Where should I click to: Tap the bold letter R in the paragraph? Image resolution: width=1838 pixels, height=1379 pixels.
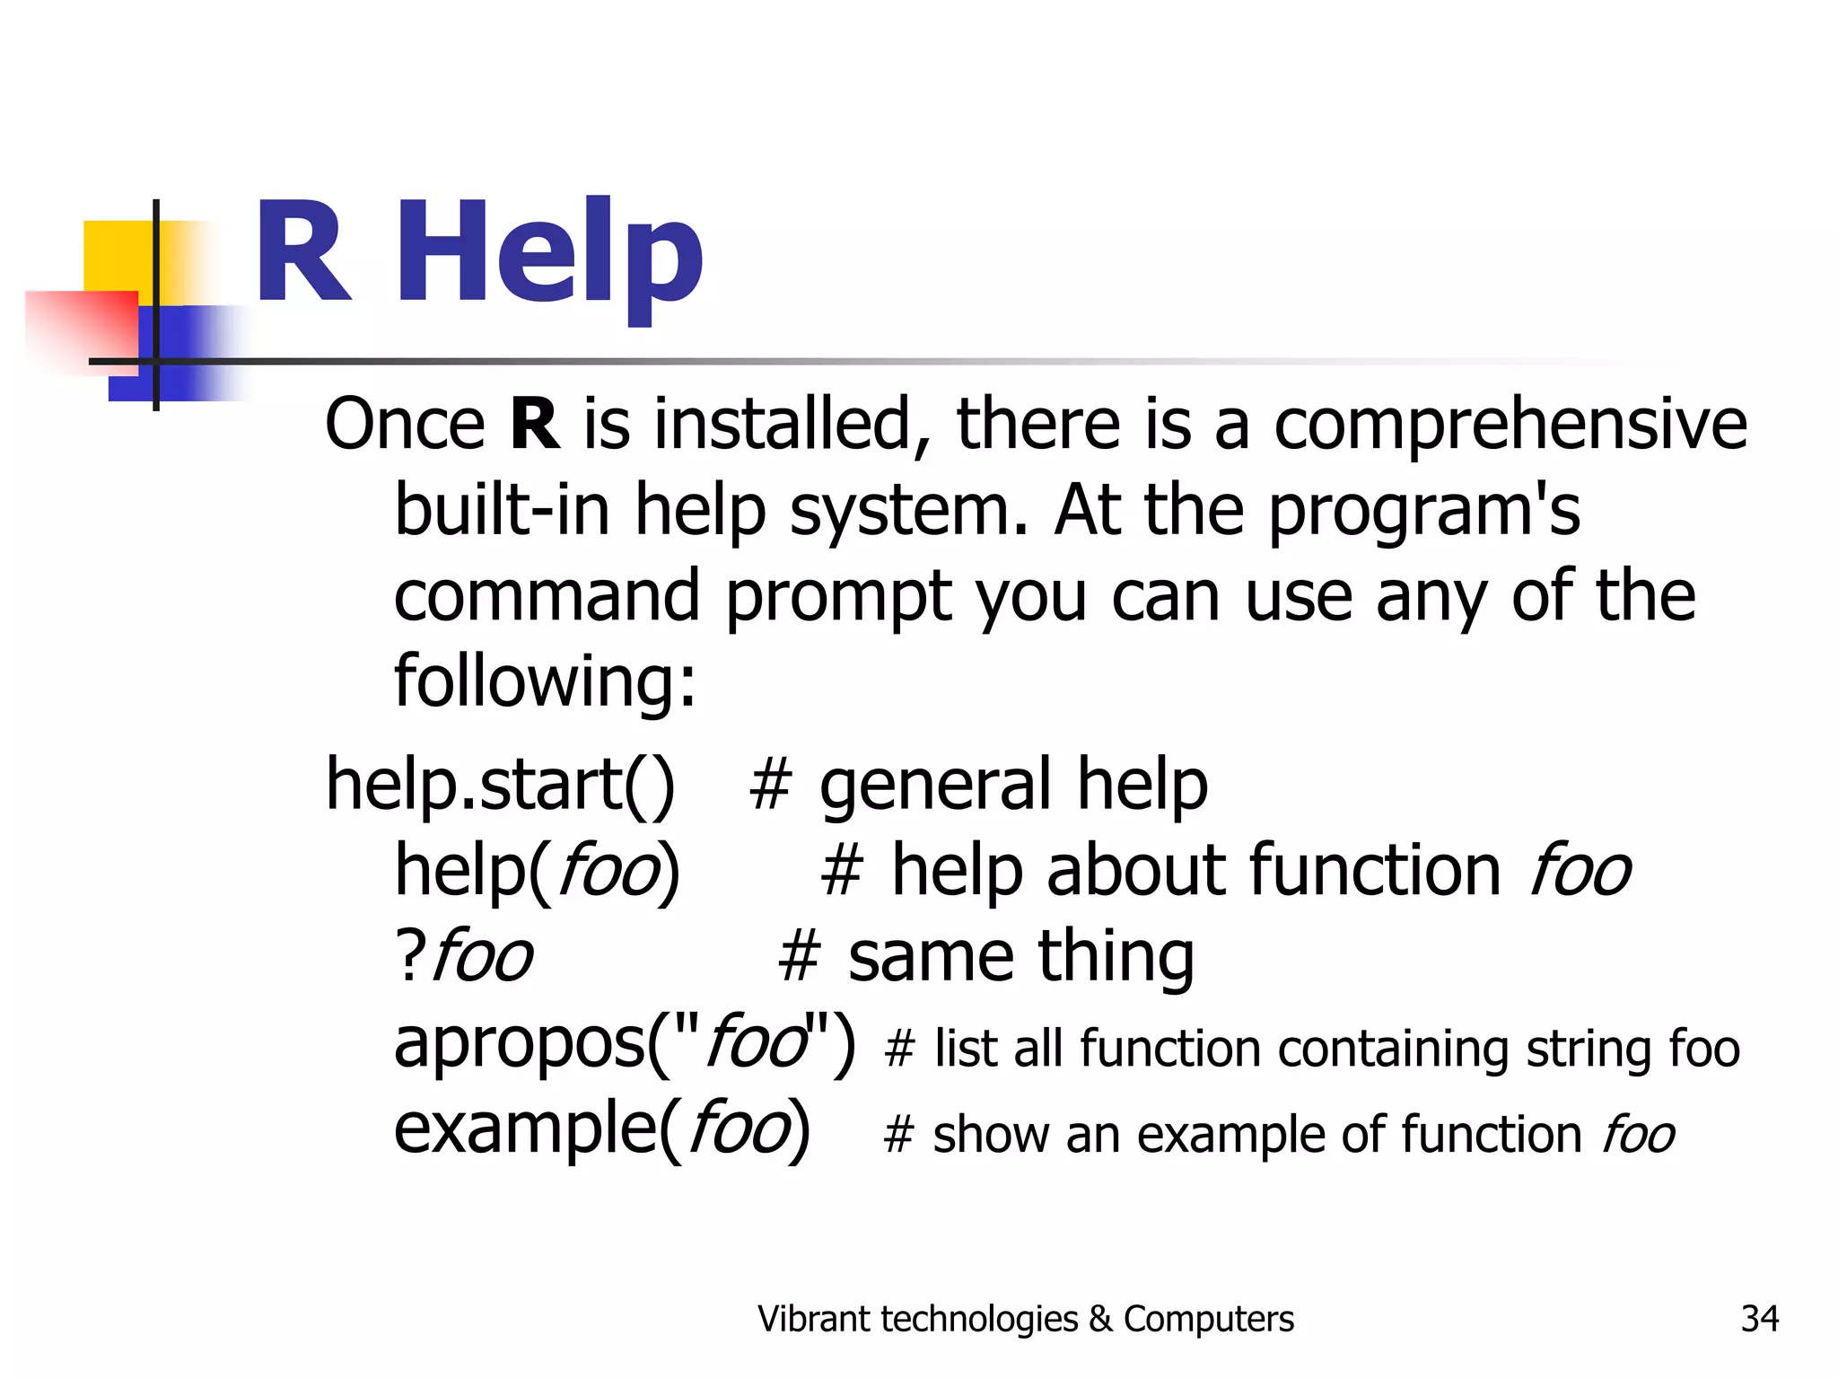534,424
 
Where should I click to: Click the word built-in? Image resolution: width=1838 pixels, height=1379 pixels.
502,510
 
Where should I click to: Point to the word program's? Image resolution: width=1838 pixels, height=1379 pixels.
1423,510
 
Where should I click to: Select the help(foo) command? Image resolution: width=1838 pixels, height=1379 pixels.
537,870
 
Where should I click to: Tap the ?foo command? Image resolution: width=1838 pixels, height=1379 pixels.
463,955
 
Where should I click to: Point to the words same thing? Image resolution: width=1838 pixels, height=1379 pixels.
1020,955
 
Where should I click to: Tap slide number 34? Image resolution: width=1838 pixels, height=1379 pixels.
1759,1319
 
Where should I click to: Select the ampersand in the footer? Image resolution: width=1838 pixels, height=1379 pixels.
1099,1319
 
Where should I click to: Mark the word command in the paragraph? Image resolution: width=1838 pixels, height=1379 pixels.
547,596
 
